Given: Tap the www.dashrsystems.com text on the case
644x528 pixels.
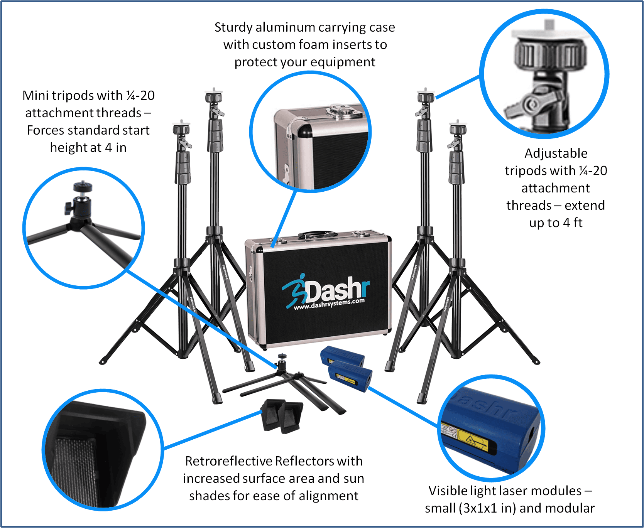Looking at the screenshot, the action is pos(329,304).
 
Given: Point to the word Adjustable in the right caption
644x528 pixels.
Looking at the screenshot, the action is pos(556,154).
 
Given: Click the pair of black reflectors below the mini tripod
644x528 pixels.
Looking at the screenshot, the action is pos(282,416).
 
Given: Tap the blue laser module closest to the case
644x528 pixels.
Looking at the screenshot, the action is pos(342,356).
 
